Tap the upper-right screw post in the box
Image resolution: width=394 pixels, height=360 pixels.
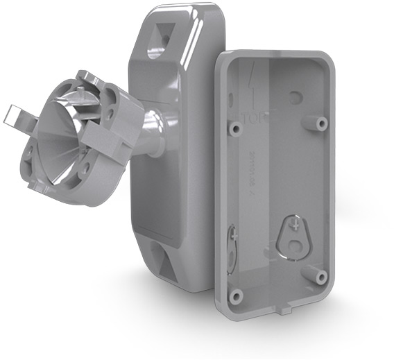point(321,123)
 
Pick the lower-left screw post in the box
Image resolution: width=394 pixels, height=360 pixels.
point(236,295)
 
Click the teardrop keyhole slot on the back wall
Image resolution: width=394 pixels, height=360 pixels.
point(293,235)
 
